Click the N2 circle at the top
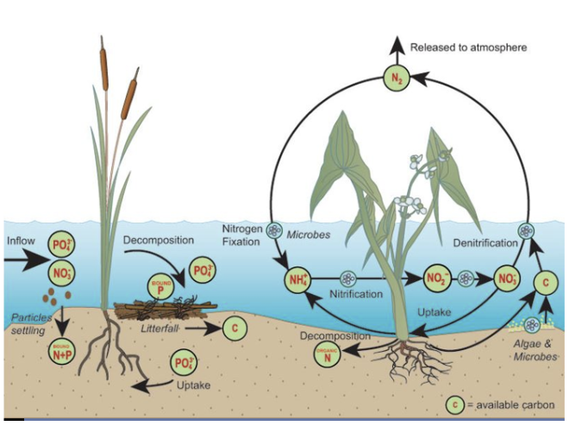[397, 81]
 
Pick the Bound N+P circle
[59, 350]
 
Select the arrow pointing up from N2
[397, 47]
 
